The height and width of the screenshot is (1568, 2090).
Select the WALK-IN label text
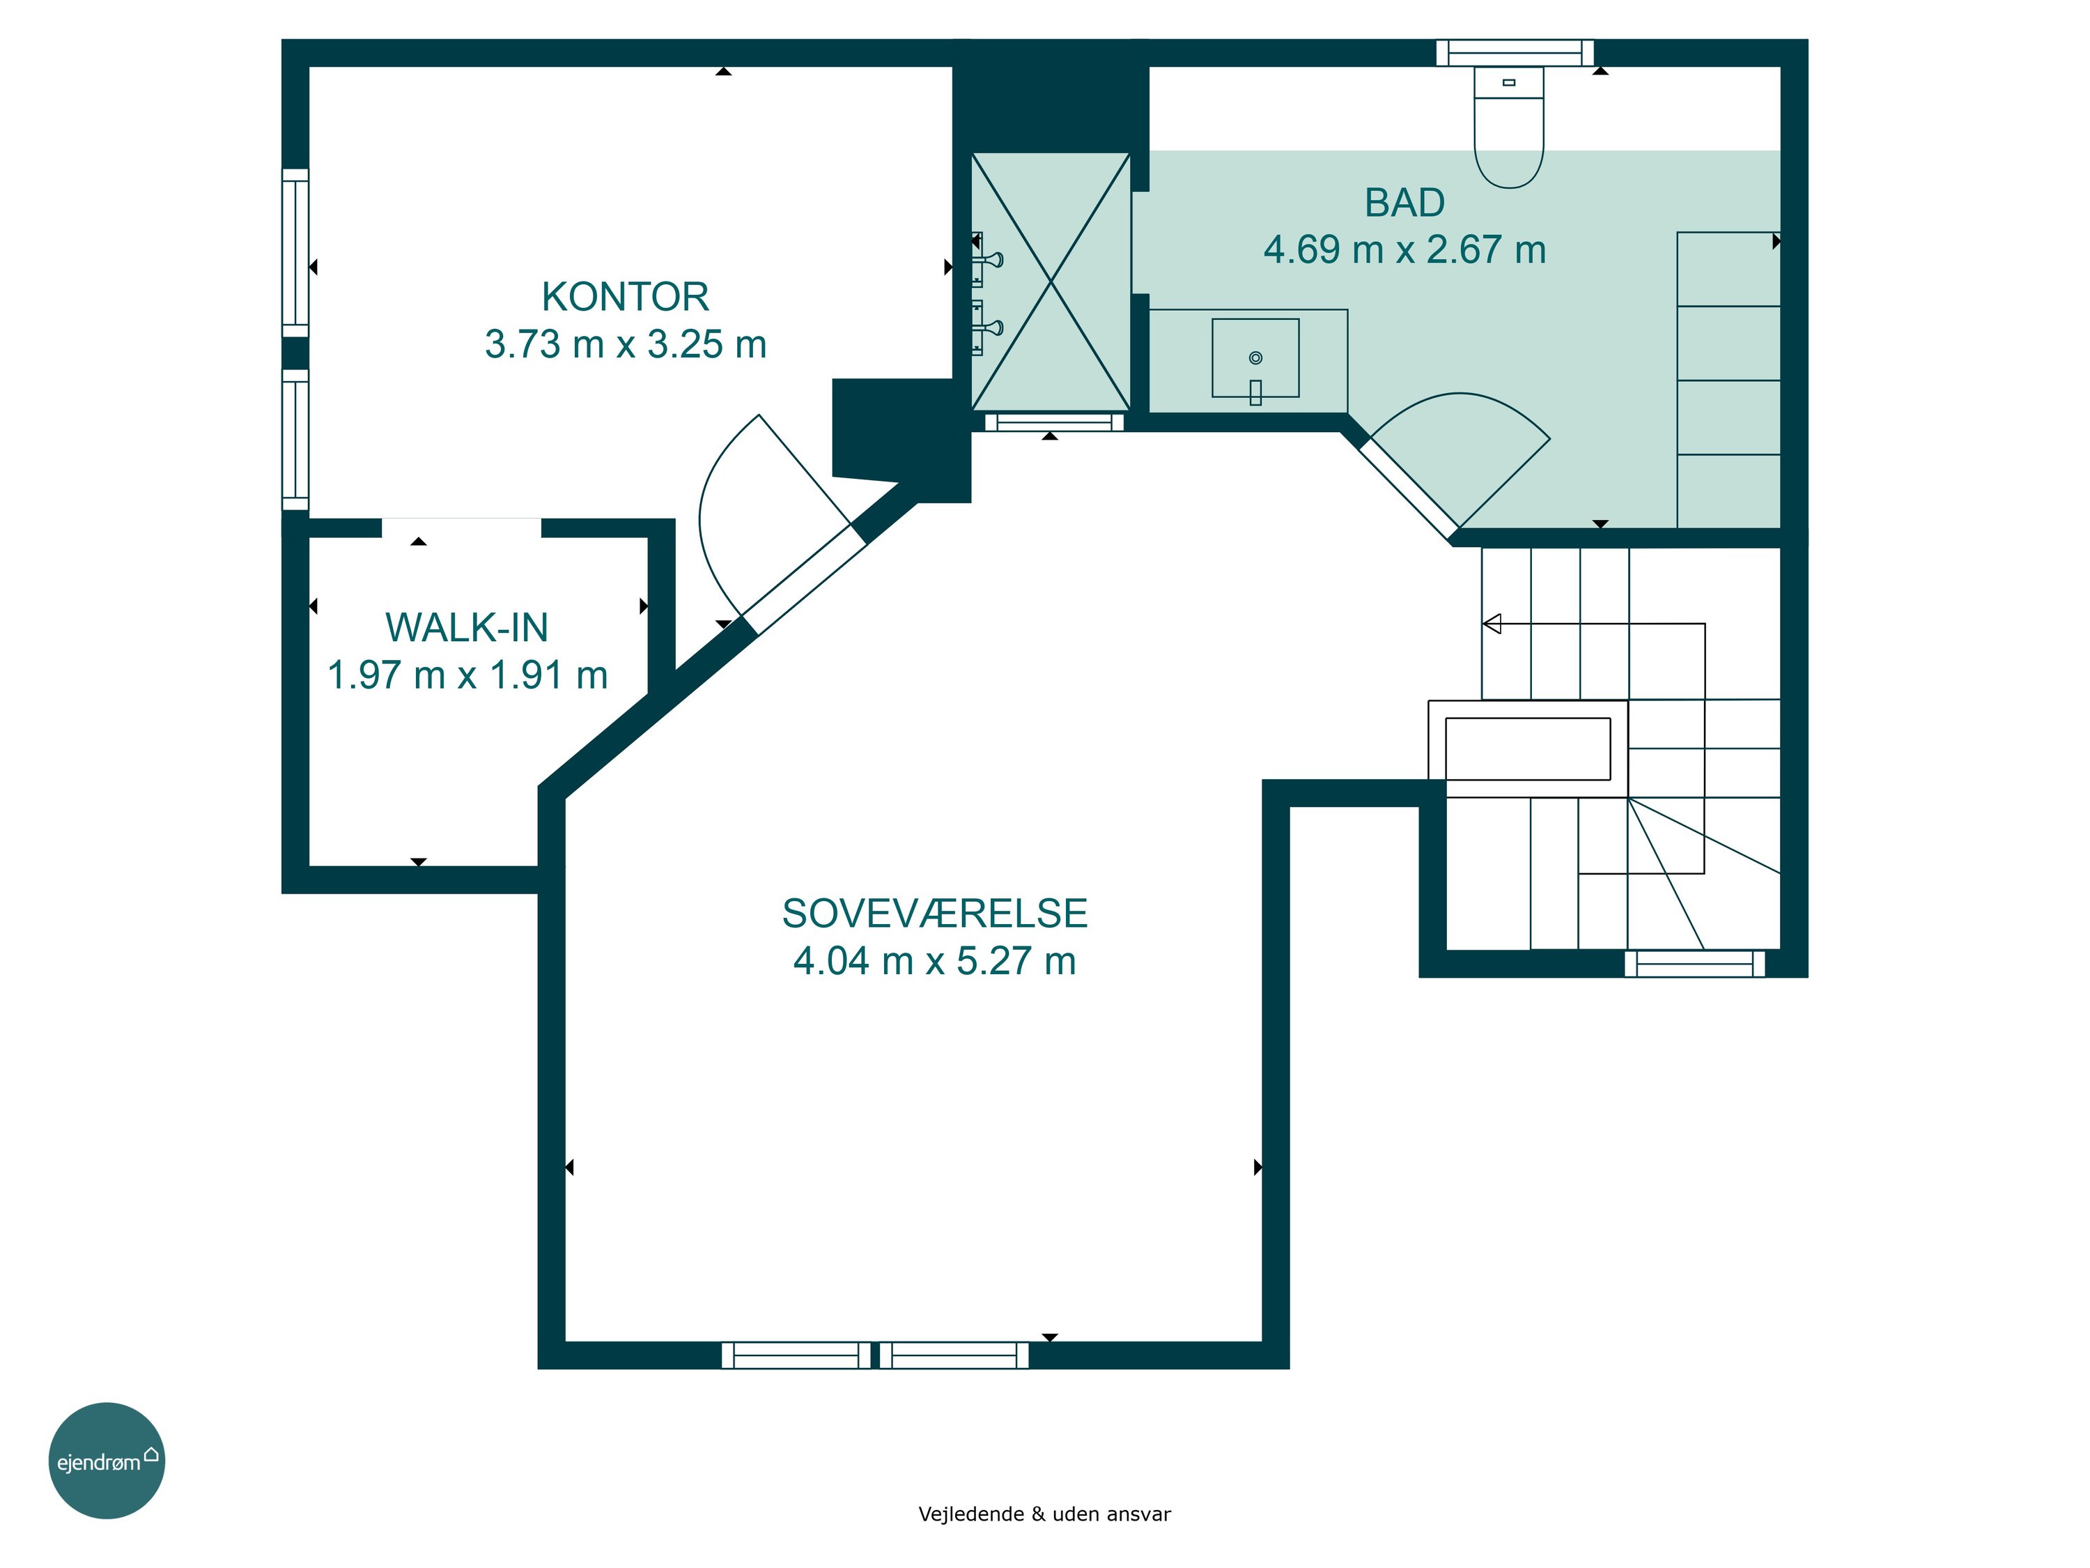[x=467, y=628]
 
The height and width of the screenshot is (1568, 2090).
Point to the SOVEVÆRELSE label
[x=934, y=913]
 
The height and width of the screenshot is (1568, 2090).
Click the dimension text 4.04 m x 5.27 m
[x=934, y=960]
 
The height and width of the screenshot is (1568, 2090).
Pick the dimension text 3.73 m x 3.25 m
[x=626, y=344]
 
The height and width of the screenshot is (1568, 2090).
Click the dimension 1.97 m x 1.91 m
[x=467, y=675]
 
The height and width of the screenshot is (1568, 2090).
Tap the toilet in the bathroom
[x=1509, y=127]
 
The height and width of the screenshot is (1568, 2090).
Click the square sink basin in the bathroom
[x=1255, y=358]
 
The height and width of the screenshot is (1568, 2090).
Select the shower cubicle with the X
[x=1051, y=282]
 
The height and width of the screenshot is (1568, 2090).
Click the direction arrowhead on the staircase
[x=1492, y=624]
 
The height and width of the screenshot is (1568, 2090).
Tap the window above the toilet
[x=1515, y=53]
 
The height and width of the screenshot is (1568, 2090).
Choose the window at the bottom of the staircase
[x=1695, y=963]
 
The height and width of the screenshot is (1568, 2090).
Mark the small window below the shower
[x=1055, y=422]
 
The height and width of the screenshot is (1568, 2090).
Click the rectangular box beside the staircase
[x=1528, y=748]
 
